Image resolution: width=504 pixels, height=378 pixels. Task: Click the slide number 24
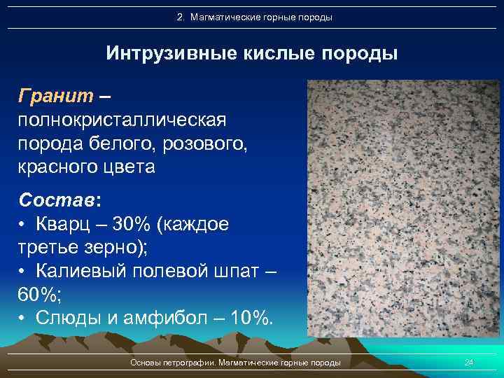click(x=469, y=363)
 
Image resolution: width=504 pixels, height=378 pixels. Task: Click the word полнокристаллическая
click(x=122, y=120)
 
